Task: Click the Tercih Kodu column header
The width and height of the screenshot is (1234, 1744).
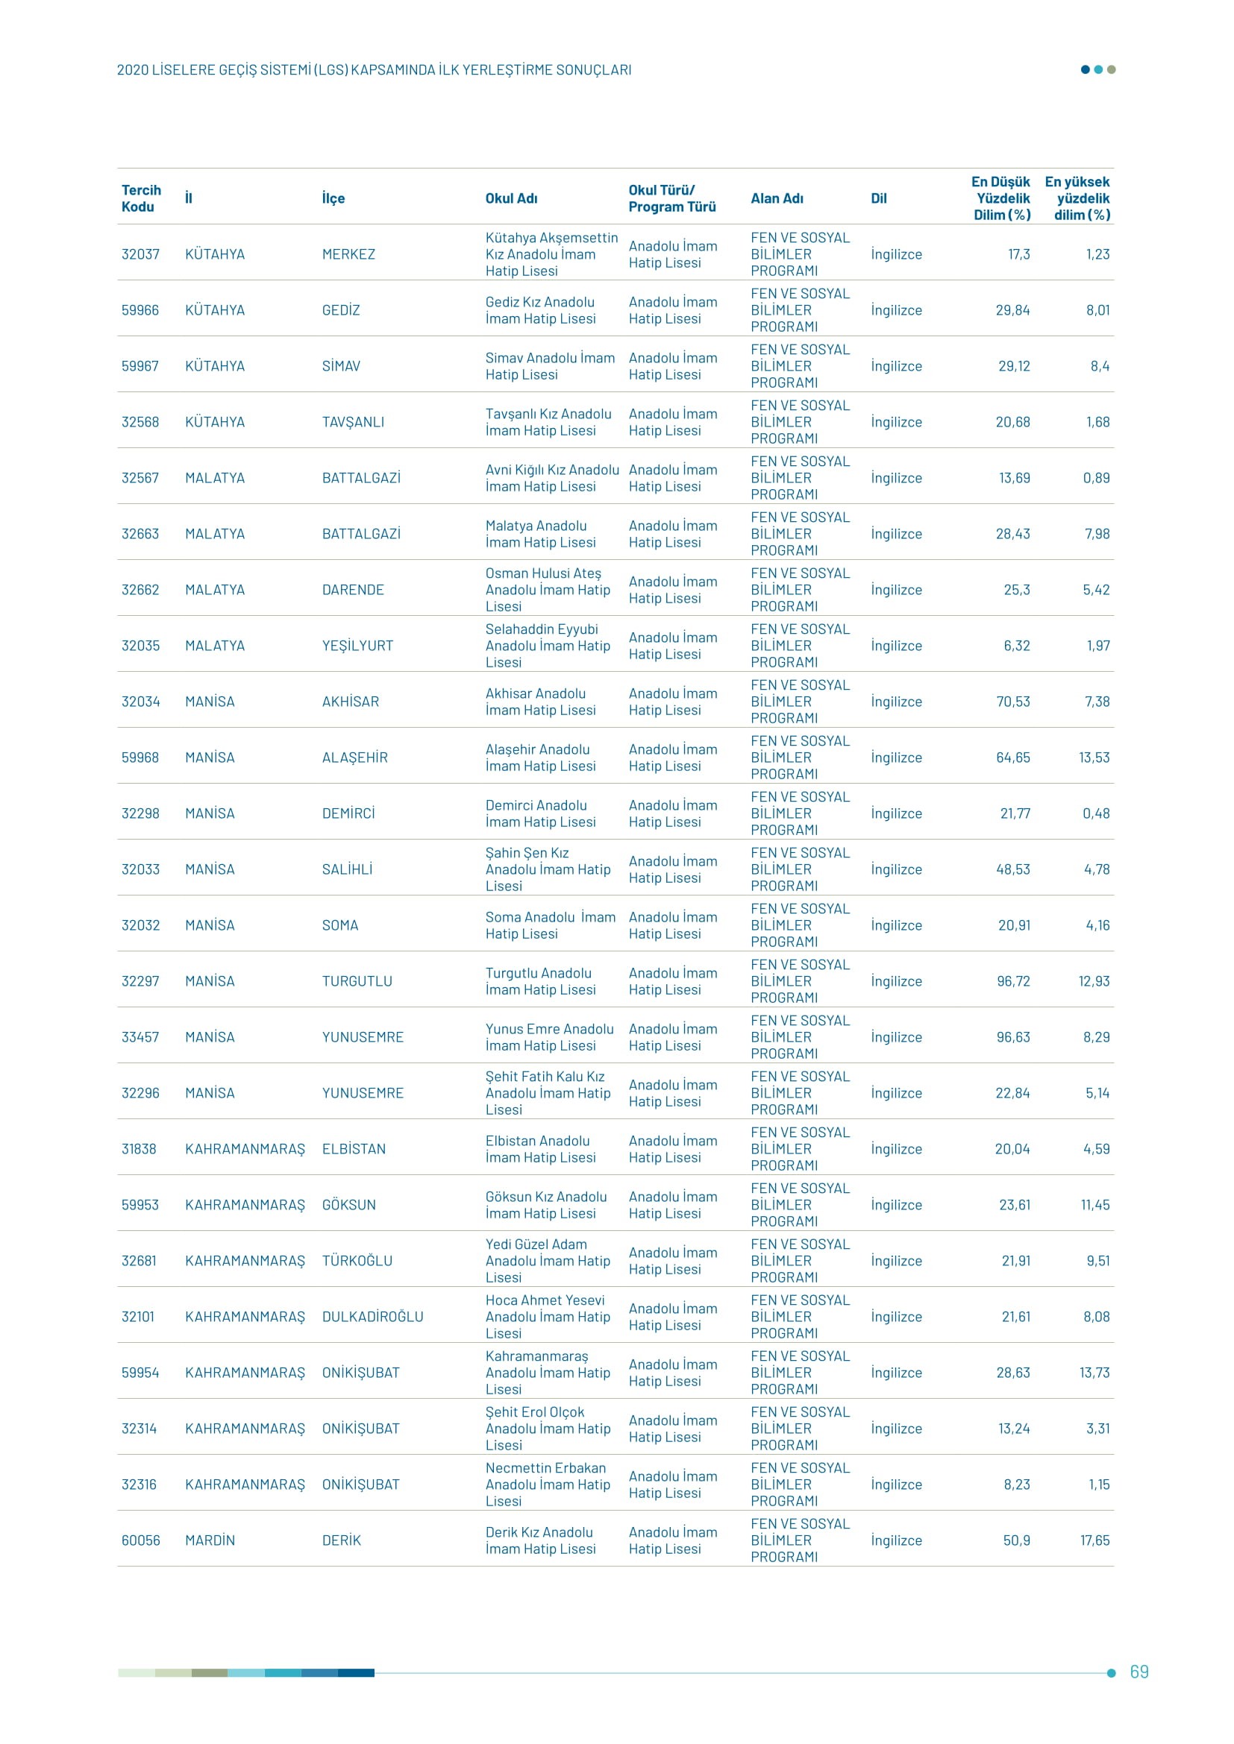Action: tap(141, 198)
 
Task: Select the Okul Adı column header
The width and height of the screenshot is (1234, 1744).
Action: tap(511, 198)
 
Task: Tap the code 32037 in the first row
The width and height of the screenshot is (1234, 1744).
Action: tap(140, 254)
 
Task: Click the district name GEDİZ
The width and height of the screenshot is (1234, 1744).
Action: tap(340, 311)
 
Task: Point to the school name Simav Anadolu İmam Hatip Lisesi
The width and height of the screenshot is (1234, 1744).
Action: tap(549, 366)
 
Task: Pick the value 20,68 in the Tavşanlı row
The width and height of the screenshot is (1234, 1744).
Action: tap(1012, 422)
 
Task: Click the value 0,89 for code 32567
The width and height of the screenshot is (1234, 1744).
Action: tap(1096, 479)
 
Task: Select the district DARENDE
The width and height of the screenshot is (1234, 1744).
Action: tap(353, 591)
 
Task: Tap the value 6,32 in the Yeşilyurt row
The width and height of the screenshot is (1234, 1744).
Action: tap(1017, 646)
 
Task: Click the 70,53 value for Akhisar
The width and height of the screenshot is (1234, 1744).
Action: tap(1013, 702)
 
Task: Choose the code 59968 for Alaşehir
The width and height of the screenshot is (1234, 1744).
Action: tap(140, 758)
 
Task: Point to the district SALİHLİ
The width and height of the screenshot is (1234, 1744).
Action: tap(347, 869)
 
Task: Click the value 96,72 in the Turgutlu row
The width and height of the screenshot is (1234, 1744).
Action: tap(1013, 981)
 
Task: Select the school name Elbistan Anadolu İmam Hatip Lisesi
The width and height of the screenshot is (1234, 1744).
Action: tap(540, 1149)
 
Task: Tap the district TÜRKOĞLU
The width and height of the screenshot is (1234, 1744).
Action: tap(357, 1261)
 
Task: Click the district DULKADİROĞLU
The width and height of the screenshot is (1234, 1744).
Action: tap(372, 1317)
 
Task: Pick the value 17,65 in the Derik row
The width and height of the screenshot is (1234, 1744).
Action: tap(1094, 1540)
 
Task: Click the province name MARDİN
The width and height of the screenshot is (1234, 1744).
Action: tap(210, 1540)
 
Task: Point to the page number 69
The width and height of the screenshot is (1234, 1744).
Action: tap(1139, 1672)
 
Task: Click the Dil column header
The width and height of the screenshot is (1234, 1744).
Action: tap(878, 198)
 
